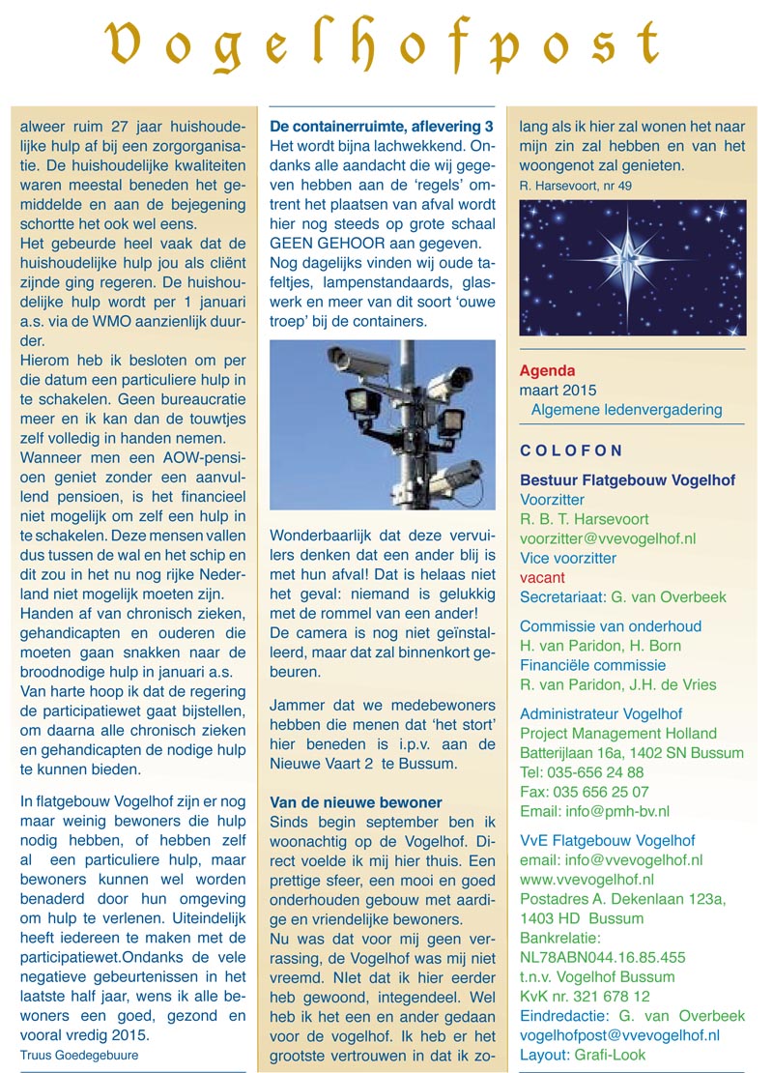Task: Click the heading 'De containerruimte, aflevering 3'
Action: (382, 127)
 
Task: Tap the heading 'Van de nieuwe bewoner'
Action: (357, 802)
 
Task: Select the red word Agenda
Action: (547, 370)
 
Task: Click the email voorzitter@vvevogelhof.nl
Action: (608, 538)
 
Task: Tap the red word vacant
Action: (542, 577)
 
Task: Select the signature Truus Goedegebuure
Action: (79, 1055)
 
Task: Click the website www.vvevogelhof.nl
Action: (587, 880)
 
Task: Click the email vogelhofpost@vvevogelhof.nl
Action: (619, 1034)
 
